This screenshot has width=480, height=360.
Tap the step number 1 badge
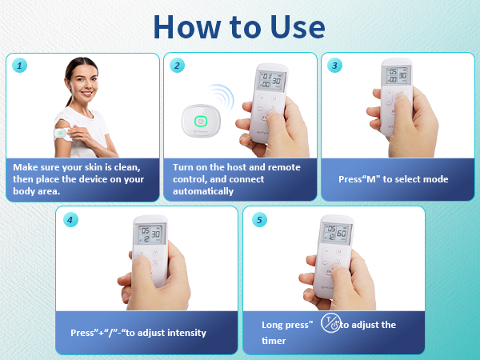[19, 66]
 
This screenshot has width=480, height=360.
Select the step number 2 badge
[177, 66]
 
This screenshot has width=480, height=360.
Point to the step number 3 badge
[334, 66]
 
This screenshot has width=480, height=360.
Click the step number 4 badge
[70, 220]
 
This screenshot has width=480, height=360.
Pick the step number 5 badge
[259, 220]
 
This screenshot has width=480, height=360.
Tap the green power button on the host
[201, 122]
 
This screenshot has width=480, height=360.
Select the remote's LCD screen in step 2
[271, 81]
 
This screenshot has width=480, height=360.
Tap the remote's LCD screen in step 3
[397, 75]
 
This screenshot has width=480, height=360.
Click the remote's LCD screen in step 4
[150, 234]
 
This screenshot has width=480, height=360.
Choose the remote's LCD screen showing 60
[336, 233]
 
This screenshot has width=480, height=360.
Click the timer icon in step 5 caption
[330, 322]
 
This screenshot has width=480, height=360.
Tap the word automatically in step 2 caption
[203, 191]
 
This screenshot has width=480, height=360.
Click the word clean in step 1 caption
[127, 167]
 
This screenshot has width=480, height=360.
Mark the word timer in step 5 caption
[274, 341]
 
